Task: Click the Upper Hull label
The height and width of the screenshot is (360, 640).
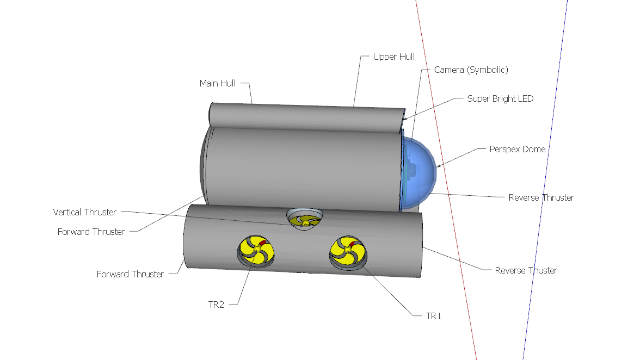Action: point(393,57)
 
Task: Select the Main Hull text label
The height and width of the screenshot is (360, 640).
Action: point(218,83)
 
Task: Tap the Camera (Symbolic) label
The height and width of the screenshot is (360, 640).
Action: point(471,70)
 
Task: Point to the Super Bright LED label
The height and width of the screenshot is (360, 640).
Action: point(500,99)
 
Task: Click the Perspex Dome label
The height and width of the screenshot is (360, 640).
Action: point(517,149)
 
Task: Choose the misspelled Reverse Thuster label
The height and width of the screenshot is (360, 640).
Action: point(526,270)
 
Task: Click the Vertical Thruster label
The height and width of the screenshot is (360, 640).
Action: point(84,212)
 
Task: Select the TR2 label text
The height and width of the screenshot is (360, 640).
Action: point(216,305)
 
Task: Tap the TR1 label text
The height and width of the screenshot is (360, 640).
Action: point(433,316)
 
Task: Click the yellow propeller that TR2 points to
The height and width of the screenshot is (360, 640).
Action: point(255,251)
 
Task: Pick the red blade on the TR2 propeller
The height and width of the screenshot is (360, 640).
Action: point(262,243)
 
